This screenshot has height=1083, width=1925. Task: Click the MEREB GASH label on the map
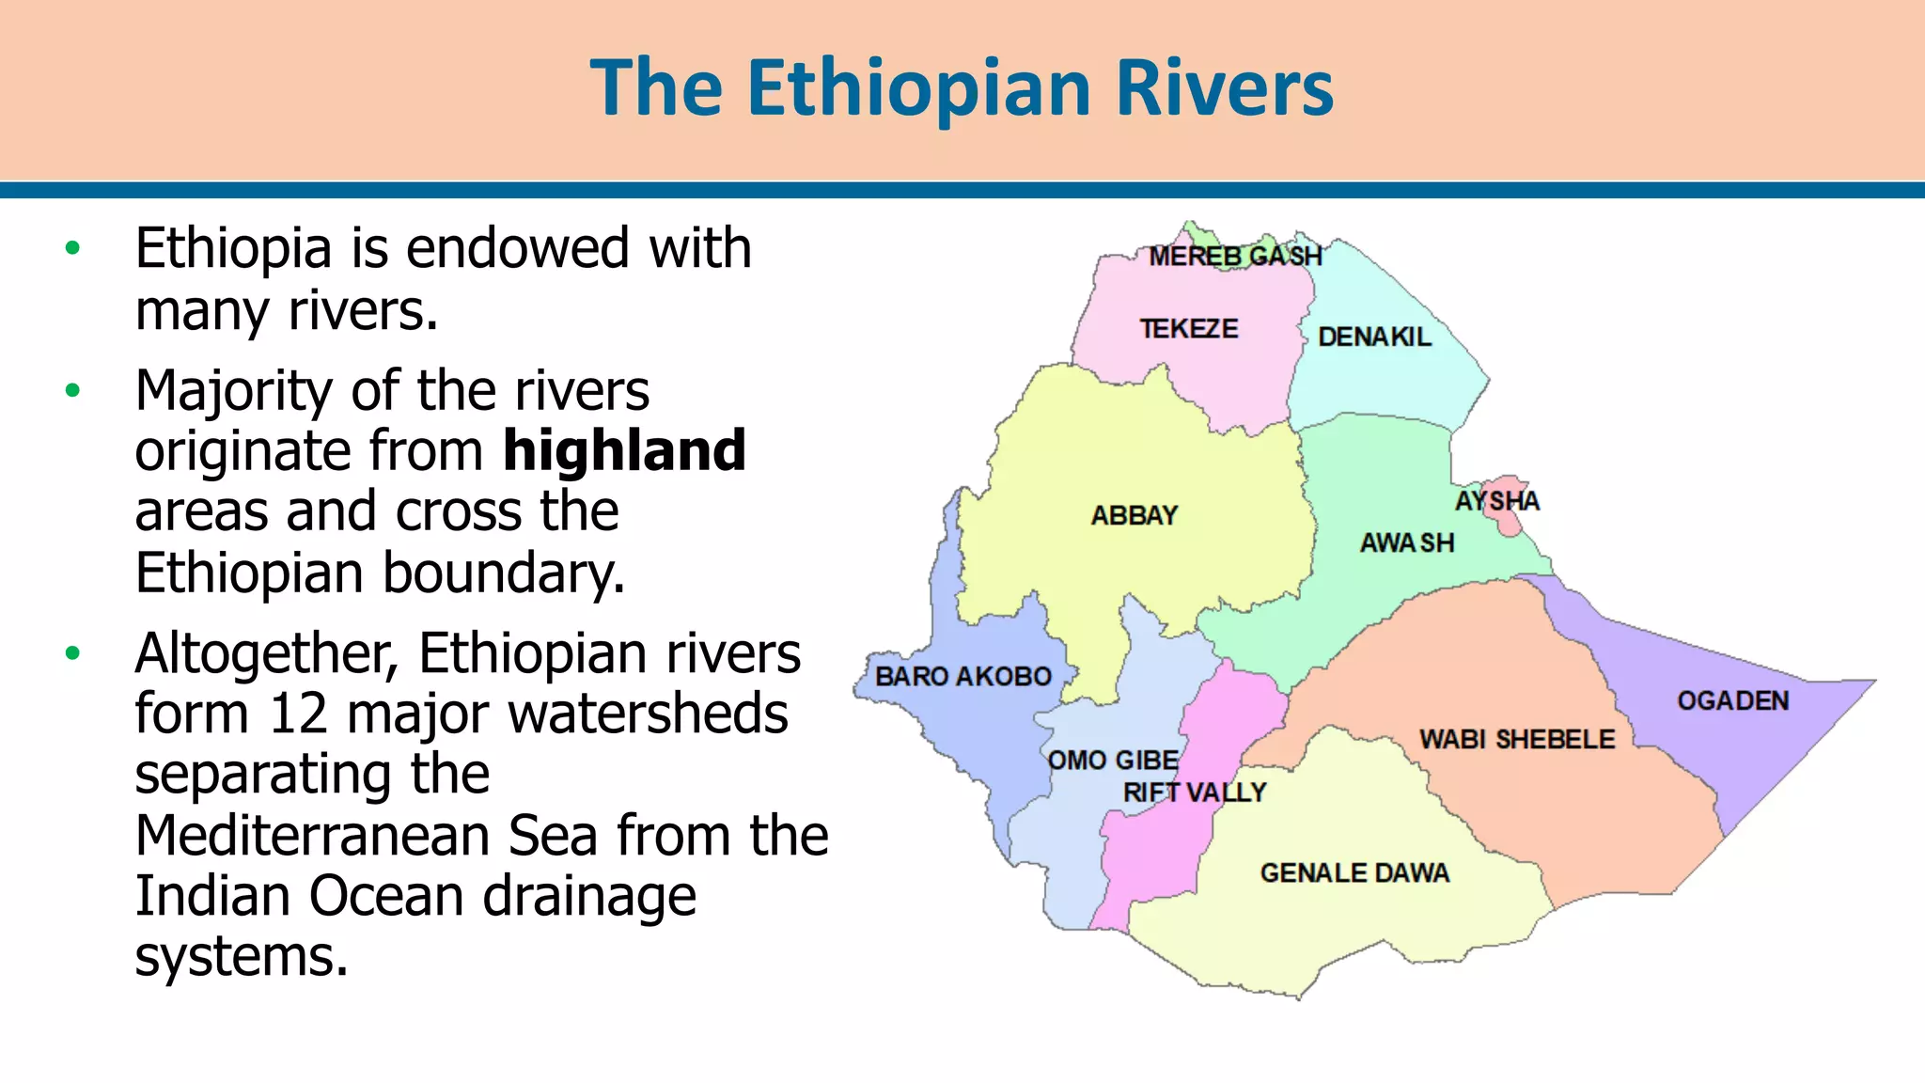tap(1235, 256)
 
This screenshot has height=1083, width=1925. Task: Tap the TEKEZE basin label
tap(1189, 329)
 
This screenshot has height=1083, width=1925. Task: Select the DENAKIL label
tap(1374, 337)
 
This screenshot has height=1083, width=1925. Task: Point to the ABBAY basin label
tap(1135, 515)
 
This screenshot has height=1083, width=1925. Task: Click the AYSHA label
tap(1497, 501)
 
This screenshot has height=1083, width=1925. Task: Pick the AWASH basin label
tap(1407, 542)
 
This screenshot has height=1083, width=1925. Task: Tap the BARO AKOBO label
tap(963, 676)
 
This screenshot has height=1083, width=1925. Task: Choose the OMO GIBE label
tap(1113, 760)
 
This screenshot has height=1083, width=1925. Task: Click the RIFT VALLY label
tap(1195, 793)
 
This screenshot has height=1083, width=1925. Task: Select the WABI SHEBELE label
tap(1517, 739)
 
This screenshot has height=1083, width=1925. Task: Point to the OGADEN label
tap(1733, 700)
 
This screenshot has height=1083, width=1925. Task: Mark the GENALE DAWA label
tap(1354, 872)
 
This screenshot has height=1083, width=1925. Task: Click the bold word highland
tap(624, 450)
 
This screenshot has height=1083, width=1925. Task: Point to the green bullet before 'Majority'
tap(73, 390)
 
